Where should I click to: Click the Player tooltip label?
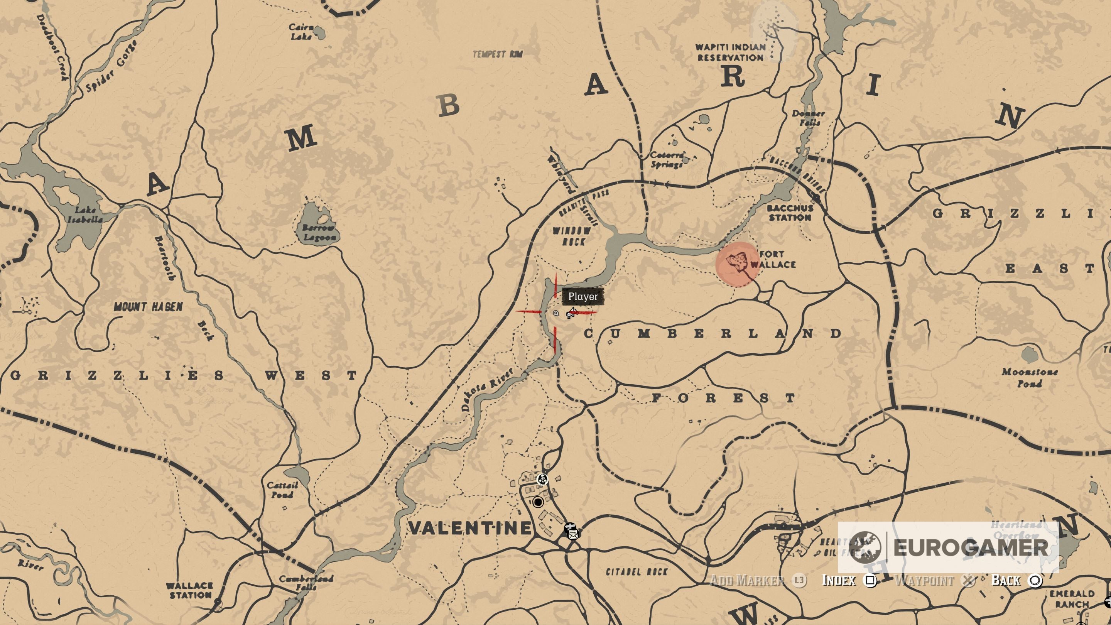583,297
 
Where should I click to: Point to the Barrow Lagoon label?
318,233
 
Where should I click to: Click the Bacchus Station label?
790,213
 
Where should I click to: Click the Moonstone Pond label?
1030,377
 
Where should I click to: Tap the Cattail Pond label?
282,490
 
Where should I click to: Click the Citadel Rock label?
637,572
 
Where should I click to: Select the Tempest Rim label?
497,54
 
